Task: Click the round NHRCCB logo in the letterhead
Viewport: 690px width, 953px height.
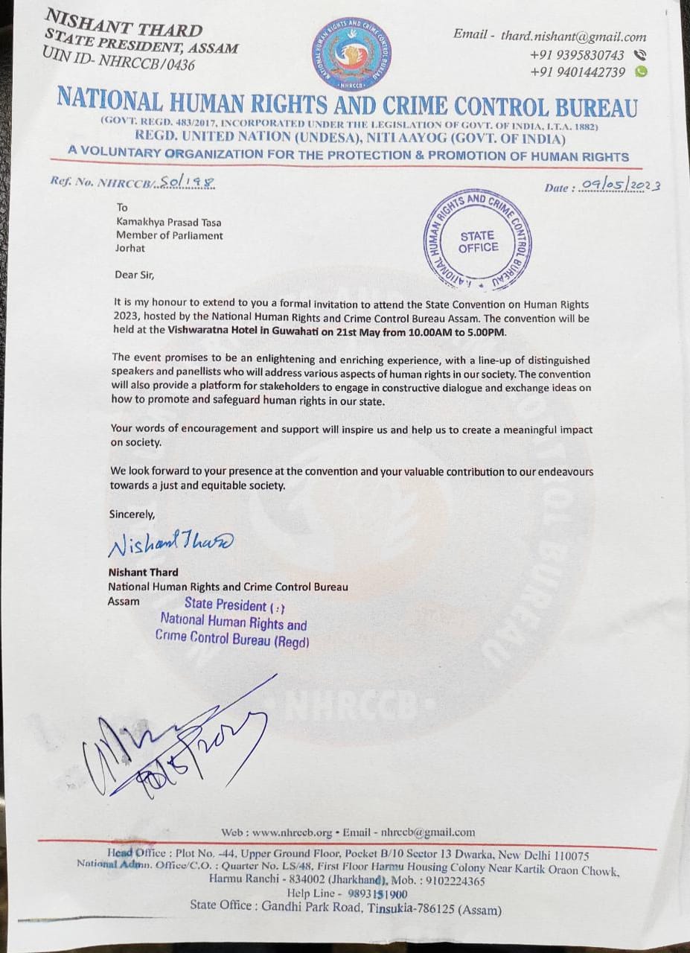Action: (x=351, y=53)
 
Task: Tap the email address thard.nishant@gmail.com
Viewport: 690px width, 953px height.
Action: (x=573, y=36)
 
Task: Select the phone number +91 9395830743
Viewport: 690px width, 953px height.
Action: (x=577, y=55)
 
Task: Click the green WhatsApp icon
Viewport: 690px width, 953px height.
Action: (x=641, y=71)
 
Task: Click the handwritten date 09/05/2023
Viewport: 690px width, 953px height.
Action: (x=619, y=185)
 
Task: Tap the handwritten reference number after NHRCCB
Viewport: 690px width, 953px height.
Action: (x=187, y=182)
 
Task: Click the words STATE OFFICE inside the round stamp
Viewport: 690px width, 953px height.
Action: (x=478, y=242)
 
